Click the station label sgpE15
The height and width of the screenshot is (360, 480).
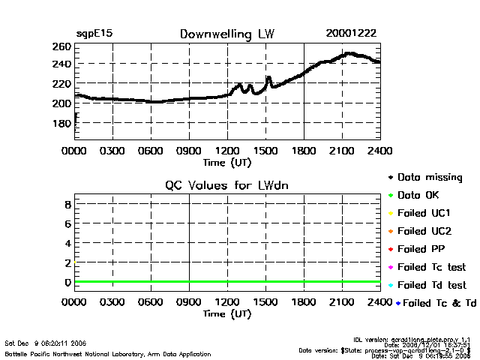click(x=94, y=34)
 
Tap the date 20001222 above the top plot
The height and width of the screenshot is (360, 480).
click(x=351, y=34)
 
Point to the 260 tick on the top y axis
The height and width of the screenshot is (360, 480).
click(x=62, y=46)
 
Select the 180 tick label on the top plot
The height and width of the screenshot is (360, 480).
click(x=62, y=122)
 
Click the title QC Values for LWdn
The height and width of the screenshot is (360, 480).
click(x=226, y=184)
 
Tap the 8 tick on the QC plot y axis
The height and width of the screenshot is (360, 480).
click(x=67, y=204)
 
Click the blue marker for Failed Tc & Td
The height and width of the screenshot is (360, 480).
click(x=399, y=303)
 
